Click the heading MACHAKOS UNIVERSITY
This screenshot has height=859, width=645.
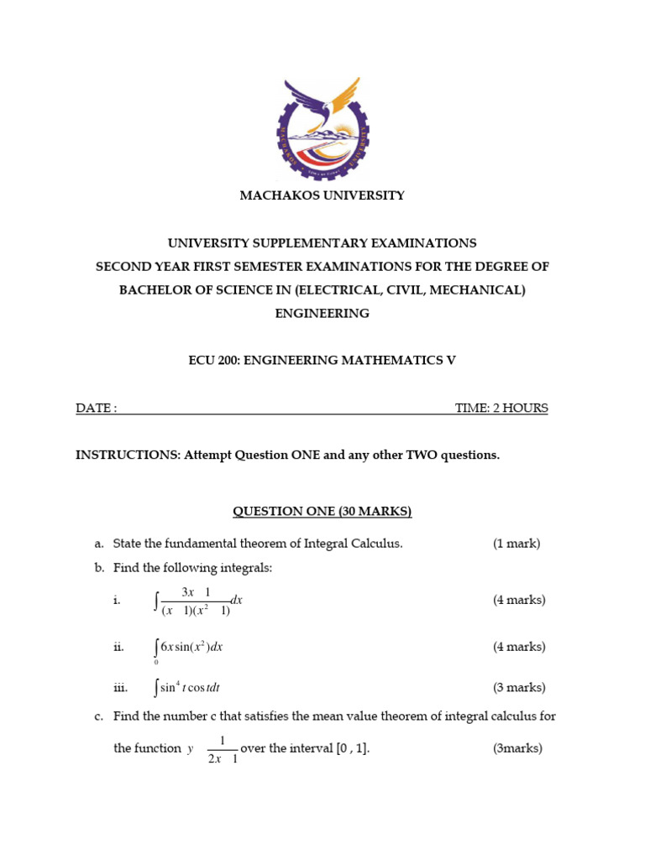coord(322,195)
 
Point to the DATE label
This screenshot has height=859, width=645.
coord(96,409)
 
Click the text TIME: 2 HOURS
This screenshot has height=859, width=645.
coord(501,409)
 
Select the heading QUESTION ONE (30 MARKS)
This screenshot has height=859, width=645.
coord(322,511)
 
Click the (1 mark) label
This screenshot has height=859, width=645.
coord(517,544)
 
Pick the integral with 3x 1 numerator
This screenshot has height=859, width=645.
coord(198,601)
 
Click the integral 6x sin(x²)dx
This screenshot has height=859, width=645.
coord(189,648)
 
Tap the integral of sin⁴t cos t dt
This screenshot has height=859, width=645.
coord(187,688)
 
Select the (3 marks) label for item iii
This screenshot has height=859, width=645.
coord(519,688)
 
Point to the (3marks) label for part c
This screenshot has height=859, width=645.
coord(517,748)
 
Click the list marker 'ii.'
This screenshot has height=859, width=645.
coord(118,648)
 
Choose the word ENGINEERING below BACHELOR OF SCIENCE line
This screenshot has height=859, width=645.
coord(322,314)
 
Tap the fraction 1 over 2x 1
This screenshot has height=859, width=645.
coord(223,749)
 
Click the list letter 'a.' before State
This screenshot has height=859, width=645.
coord(99,544)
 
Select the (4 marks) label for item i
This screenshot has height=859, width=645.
coord(519,601)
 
